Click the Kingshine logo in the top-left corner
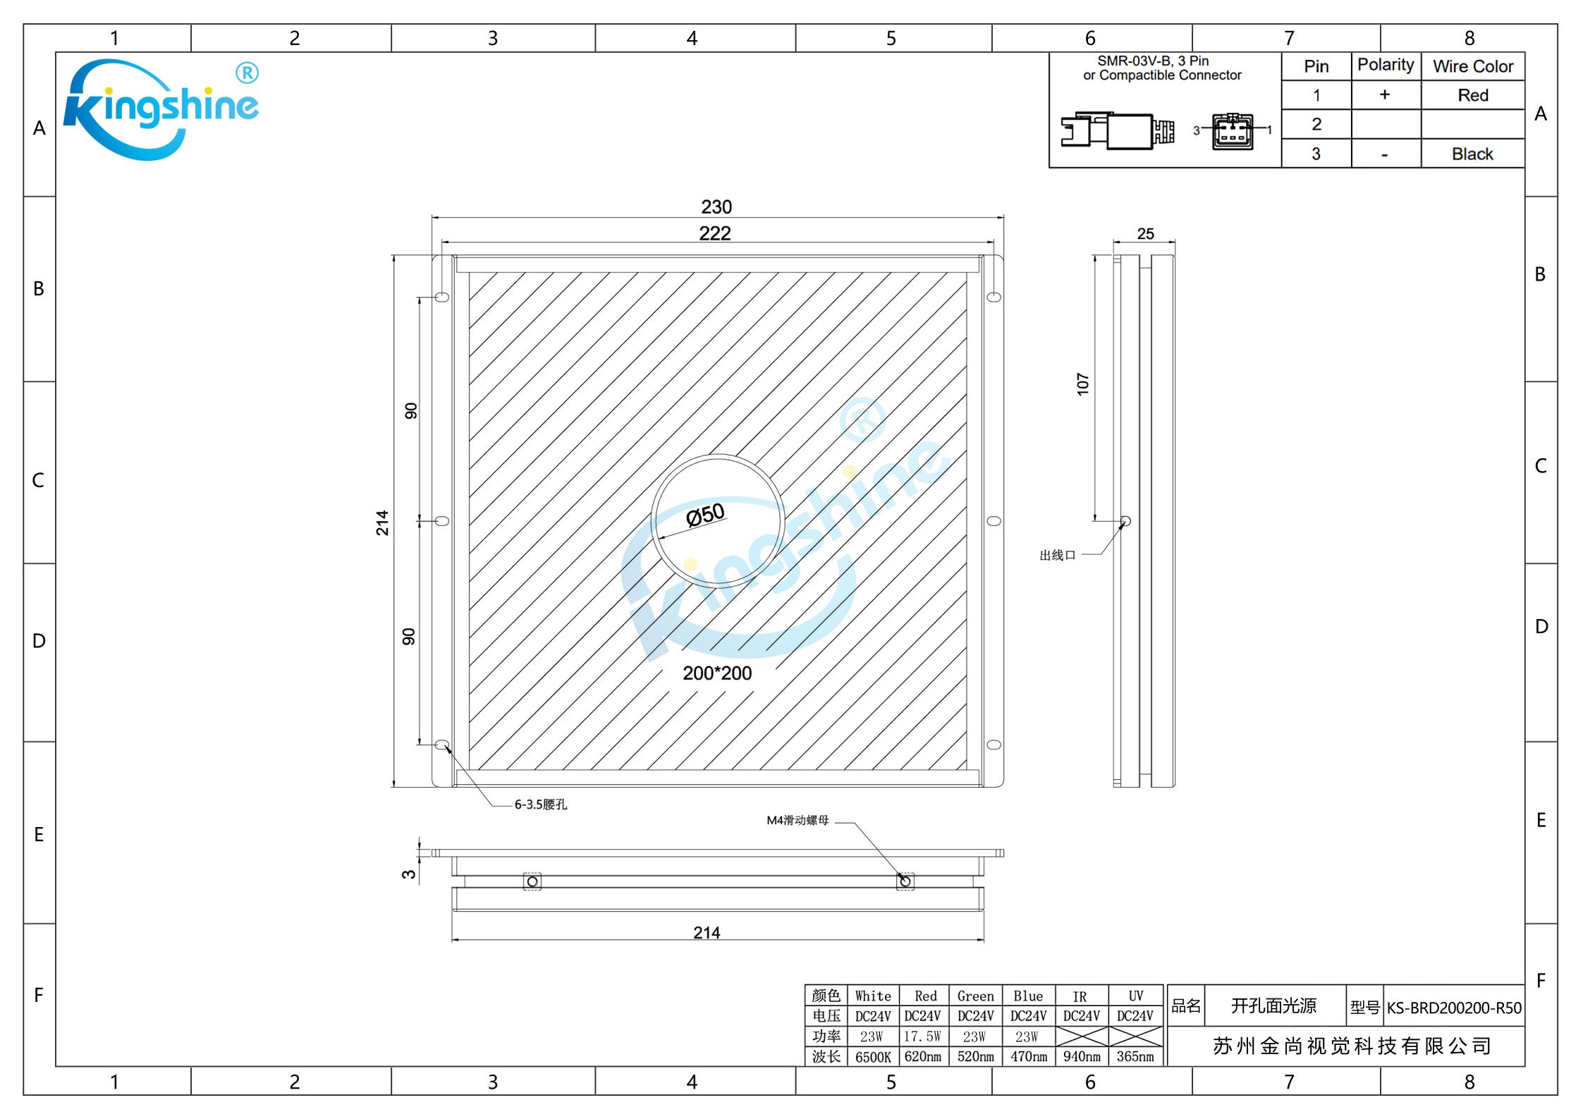point(161,109)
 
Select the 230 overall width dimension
point(716,207)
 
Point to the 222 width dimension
point(715,233)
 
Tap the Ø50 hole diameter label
point(705,515)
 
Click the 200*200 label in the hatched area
point(717,673)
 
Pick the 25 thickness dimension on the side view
point(1146,233)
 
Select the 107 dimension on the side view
point(1083,384)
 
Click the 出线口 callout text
point(1058,556)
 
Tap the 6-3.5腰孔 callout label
point(541,805)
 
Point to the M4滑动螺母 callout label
point(797,821)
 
